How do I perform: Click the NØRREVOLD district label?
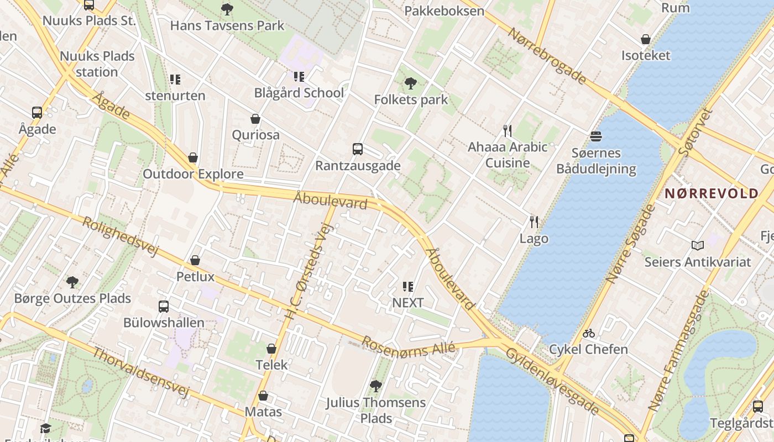(711, 193)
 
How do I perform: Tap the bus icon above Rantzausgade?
(358, 149)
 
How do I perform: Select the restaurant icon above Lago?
(534, 222)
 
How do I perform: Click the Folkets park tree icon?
(410, 84)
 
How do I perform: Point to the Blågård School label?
(299, 93)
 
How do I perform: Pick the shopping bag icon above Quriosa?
(255, 119)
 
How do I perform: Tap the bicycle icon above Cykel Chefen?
(589, 333)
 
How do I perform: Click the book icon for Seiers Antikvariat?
(698, 245)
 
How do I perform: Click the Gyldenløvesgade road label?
(552, 381)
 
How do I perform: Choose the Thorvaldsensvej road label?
(140, 372)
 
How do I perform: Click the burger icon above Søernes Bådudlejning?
(596, 136)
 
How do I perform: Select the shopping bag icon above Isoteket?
(645, 39)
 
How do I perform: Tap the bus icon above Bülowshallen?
(163, 306)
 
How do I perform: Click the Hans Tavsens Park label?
(227, 25)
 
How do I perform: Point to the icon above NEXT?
(408, 286)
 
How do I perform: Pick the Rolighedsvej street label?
(120, 236)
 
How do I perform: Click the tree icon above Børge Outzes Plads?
(72, 282)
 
